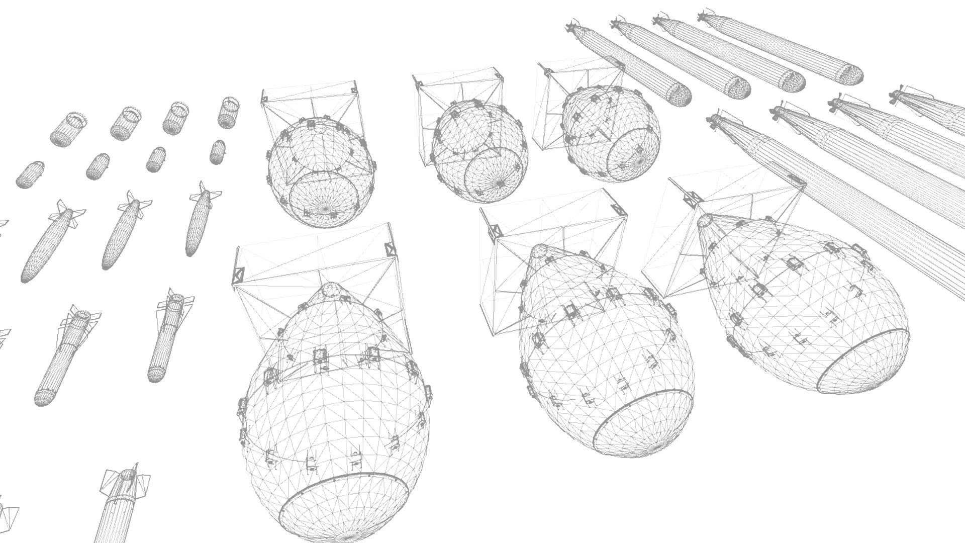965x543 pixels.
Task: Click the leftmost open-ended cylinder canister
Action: click(x=68, y=129)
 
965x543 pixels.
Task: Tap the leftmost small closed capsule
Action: click(x=30, y=174)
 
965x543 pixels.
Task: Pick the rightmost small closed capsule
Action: click(x=217, y=151)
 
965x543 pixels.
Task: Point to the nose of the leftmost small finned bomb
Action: click(x=28, y=276)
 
